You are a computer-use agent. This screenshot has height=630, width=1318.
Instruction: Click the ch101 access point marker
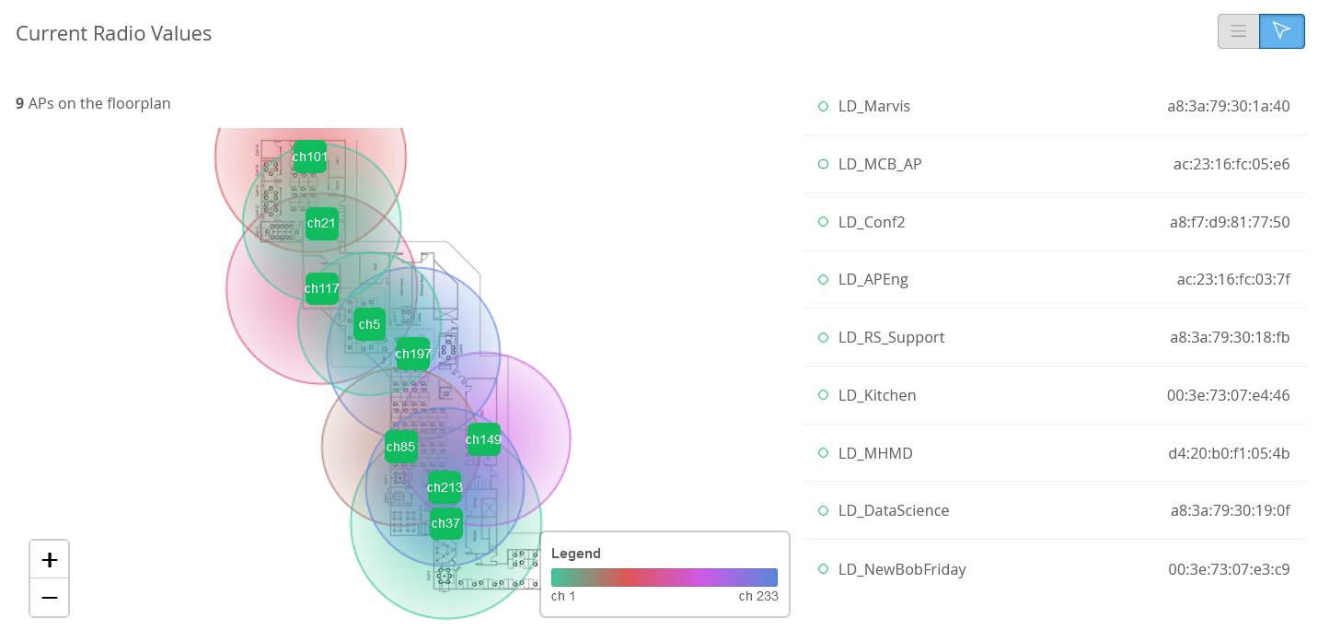pyautogui.click(x=309, y=157)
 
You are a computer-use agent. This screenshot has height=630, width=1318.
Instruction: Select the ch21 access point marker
pyautogui.click(x=322, y=223)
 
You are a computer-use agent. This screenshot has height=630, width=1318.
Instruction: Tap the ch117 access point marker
pyautogui.click(x=322, y=288)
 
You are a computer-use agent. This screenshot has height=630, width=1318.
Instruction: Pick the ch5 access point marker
pyautogui.click(x=369, y=324)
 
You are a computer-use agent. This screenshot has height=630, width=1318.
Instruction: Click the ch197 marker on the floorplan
pyautogui.click(x=412, y=354)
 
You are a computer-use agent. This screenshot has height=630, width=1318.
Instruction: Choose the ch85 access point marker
pyautogui.click(x=401, y=448)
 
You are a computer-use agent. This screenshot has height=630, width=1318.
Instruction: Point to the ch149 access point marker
pyautogui.click(x=483, y=439)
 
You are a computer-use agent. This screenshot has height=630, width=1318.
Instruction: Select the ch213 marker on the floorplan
pyautogui.click(x=445, y=487)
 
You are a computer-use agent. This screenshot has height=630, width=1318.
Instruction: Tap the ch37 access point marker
pyautogui.click(x=445, y=523)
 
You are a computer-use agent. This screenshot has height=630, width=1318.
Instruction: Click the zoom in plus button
pyautogui.click(x=50, y=559)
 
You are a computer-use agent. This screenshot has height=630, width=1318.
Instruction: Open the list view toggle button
pyautogui.click(x=1238, y=31)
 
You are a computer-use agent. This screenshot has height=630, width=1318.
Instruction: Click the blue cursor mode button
pyautogui.click(x=1281, y=31)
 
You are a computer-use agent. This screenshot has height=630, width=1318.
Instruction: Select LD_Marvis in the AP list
pyautogui.click(x=874, y=106)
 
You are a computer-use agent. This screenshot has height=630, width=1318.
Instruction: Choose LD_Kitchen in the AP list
pyautogui.click(x=877, y=395)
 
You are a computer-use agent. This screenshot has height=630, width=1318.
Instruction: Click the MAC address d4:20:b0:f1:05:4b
pyautogui.click(x=1228, y=453)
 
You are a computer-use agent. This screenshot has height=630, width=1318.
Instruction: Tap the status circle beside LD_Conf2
pyautogui.click(x=824, y=222)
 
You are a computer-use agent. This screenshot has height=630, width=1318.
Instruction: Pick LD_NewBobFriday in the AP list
pyautogui.click(x=902, y=569)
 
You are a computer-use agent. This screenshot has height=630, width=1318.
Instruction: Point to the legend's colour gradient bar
pyautogui.click(x=665, y=577)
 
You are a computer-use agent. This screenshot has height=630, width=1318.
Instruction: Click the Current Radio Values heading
pyautogui.click(x=114, y=34)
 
